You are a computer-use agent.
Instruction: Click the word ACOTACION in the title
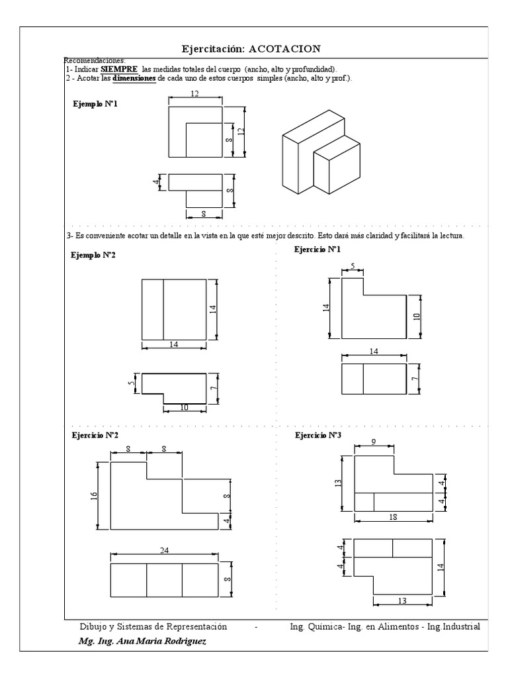(x=285, y=49)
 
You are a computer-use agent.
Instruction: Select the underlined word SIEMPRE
(x=119, y=69)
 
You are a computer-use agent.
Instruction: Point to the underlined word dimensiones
(x=134, y=77)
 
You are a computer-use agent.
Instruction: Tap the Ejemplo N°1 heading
(x=95, y=104)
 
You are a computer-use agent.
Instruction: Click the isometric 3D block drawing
(x=321, y=154)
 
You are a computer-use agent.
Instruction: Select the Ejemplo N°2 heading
(x=93, y=255)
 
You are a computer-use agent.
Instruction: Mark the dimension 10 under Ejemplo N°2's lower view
(x=184, y=407)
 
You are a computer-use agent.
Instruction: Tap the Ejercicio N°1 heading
(x=317, y=249)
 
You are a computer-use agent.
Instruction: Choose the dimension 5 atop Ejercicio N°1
(x=353, y=267)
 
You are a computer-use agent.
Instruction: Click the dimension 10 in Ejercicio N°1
(x=417, y=316)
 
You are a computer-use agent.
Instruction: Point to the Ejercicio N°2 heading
(x=95, y=435)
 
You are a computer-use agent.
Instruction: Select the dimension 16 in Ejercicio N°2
(x=95, y=495)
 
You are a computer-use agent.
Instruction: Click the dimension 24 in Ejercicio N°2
(x=163, y=550)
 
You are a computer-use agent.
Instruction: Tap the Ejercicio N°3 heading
(x=318, y=435)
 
